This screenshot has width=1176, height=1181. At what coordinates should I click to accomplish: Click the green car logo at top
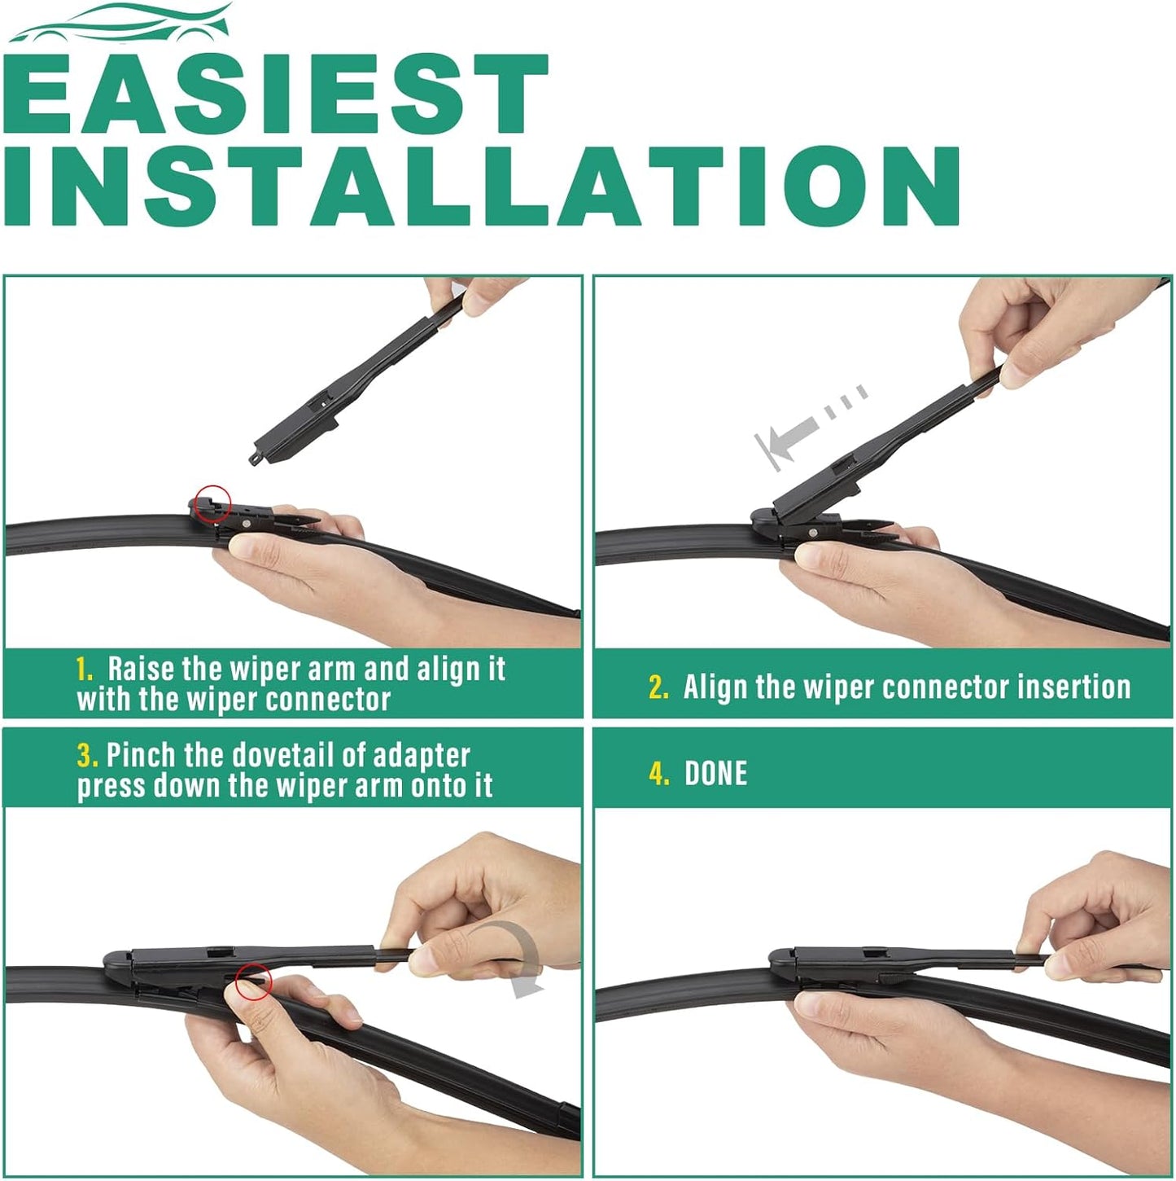click(122, 22)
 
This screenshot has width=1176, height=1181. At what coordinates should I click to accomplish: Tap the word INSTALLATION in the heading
click(480, 187)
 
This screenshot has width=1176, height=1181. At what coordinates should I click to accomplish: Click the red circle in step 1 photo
click(214, 503)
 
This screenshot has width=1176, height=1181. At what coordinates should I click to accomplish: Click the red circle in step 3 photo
click(253, 981)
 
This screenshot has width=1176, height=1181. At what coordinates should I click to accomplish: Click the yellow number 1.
click(85, 670)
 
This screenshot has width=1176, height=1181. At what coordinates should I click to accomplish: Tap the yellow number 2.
click(658, 688)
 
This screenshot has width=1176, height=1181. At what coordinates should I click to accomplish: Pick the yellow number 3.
click(87, 756)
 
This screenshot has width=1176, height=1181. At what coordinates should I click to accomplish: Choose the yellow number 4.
click(658, 774)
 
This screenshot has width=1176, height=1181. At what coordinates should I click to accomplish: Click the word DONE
click(715, 774)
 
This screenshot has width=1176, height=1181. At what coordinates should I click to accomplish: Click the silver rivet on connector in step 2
click(815, 531)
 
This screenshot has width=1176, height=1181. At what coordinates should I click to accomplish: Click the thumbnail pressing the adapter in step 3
click(249, 988)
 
